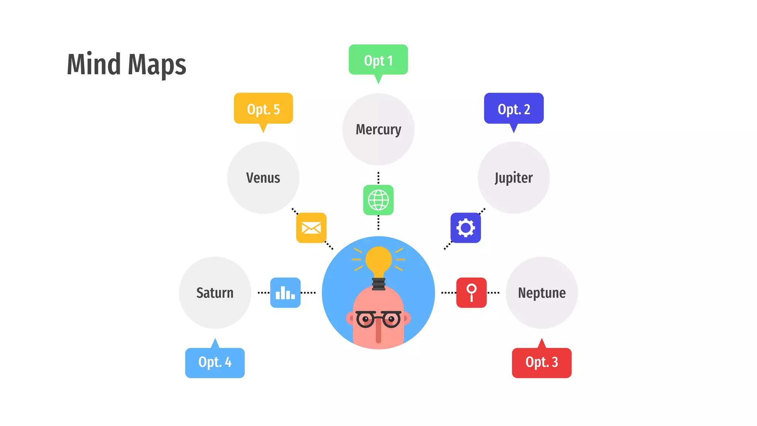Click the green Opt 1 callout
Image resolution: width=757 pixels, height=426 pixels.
pyautogui.click(x=378, y=60)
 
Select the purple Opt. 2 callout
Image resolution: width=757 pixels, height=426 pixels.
pyautogui.click(x=514, y=108)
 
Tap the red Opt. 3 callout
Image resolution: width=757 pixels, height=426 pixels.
pyautogui.click(x=542, y=362)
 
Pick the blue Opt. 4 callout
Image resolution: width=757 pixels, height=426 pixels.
pyautogui.click(x=215, y=362)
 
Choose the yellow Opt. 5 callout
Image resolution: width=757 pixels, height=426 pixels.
pyautogui.click(x=263, y=108)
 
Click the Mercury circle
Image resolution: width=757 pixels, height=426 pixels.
pyautogui.click(x=378, y=129)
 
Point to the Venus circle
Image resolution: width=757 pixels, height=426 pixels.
pyautogui.click(x=263, y=178)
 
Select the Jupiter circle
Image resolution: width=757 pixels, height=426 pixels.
pyautogui.click(x=514, y=178)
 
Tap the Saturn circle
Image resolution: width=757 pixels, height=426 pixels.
pyautogui.click(x=215, y=293)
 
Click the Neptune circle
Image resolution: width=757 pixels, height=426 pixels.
pyautogui.click(x=542, y=293)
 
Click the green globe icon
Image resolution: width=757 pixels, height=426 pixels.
pyautogui.click(x=378, y=200)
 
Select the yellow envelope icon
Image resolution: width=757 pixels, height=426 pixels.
pyautogui.click(x=311, y=228)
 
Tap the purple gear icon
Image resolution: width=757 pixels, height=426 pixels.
pyautogui.click(x=466, y=228)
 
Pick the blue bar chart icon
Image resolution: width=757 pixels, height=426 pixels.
pyautogui.click(x=285, y=293)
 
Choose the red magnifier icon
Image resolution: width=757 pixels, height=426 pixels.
pyautogui.click(x=471, y=293)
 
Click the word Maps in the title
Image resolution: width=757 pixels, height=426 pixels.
pyautogui.click(x=157, y=65)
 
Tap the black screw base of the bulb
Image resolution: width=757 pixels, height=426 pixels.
pyautogui.click(x=378, y=284)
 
